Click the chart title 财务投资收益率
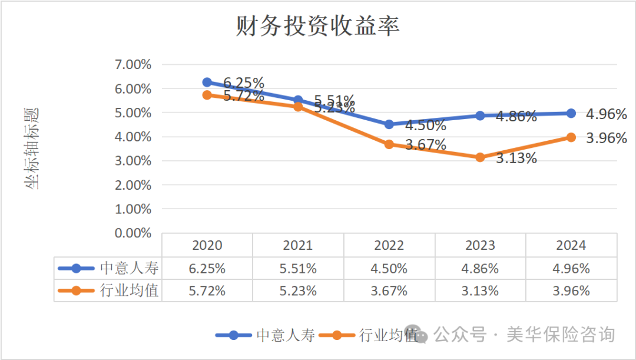(x=317, y=27)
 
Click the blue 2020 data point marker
(x=207, y=82)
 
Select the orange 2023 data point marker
(x=480, y=157)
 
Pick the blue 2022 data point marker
(x=389, y=124)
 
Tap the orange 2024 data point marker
(x=571, y=137)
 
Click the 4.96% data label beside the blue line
(x=606, y=114)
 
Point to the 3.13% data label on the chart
(x=516, y=158)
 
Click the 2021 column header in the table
(x=298, y=245)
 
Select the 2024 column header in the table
(x=571, y=245)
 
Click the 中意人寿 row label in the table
(x=129, y=268)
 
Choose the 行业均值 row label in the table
(x=129, y=290)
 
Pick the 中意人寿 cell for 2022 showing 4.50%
(x=389, y=269)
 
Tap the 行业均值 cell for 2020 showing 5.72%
(x=207, y=290)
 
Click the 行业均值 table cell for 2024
(x=571, y=290)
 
